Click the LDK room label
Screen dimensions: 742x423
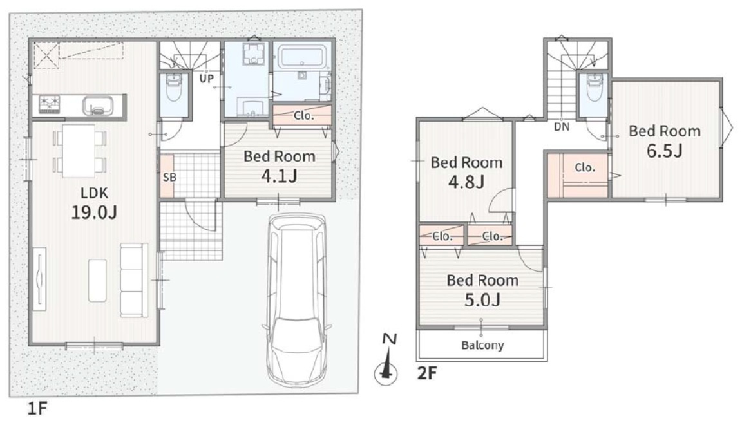tap(94, 193)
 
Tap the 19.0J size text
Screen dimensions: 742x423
tap(93, 212)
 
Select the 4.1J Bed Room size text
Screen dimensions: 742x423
tap(279, 176)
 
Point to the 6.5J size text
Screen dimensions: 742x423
tap(665, 151)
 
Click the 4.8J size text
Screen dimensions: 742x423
tap(466, 182)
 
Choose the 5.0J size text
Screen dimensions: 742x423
tap(482, 299)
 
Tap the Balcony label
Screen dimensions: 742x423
tap(482, 345)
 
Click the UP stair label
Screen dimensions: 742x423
tap(206, 79)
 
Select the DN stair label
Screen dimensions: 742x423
tap(562, 127)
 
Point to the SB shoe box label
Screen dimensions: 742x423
tap(169, 177)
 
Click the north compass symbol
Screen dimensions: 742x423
tap(386, 360)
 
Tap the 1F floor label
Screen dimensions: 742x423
tap(37, 408)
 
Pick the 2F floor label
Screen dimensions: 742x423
tap(427, 373)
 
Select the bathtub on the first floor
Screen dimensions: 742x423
tap(301, 57)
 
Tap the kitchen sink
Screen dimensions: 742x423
tap(97, 106)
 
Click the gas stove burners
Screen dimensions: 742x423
tap(50, 104)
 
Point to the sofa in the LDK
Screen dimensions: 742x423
tap(134, 279)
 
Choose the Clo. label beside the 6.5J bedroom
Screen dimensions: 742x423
tap(585, 167)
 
